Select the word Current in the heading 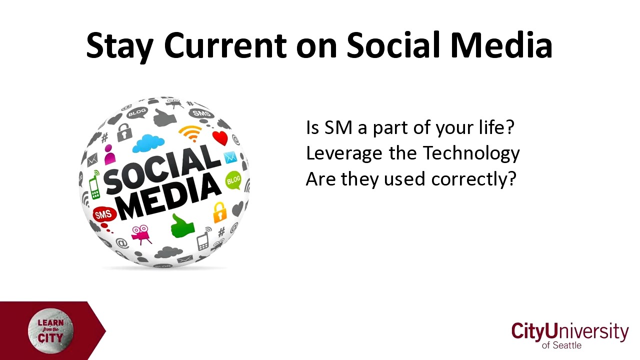(x=225, y=45)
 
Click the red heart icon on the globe (x=220, y=138)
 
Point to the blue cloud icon (x=148, y=143)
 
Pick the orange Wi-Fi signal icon (x=190, y=133)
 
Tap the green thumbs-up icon (x=182, y=226)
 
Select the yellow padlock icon (x=219, y=212)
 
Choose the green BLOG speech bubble (x=233, y=180)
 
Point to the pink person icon (x=109, y=154)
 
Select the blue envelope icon (x=230, y=157)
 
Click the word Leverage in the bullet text (x=344, y=153)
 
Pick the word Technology (x=471, y=153)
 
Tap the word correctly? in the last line (x=473, y=179)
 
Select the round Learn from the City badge (x=51, y=331)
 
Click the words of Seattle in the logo (x=561, y=345)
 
